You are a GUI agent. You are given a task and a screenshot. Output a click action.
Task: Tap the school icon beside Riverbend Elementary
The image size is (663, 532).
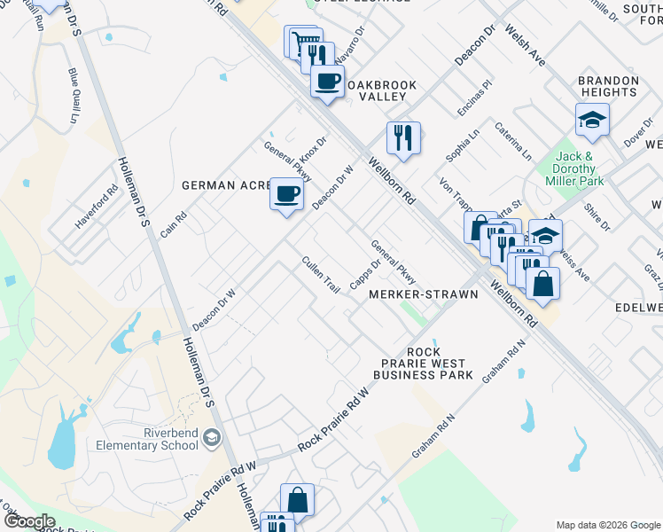point(212,437)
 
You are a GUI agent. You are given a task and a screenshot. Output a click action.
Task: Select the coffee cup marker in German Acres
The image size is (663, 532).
point(285,193)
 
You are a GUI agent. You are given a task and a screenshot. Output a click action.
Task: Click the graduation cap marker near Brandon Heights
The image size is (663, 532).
point(592,120)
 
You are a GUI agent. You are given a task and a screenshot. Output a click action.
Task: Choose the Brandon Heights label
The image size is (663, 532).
point(608,86)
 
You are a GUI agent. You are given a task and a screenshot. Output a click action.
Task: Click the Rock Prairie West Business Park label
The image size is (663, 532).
point(423,364)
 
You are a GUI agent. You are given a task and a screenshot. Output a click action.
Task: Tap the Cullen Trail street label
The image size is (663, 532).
point(321,276)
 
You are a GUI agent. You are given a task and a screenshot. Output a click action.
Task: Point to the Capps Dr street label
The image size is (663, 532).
point(364,274)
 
